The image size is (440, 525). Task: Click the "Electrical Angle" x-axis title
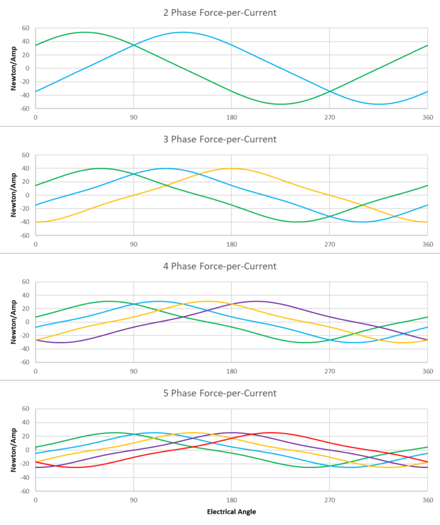tap(231, 512)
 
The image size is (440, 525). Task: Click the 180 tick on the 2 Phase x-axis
tap(232, 117)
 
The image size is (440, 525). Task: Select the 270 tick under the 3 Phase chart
tap(329, 245)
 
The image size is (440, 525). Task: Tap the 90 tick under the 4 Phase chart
tap(133, 371)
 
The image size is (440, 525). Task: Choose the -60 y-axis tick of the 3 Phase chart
tap(24, 235)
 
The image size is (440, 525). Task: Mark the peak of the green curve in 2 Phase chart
tap(85, 32)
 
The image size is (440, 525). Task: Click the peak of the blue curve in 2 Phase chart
tap(182, 32)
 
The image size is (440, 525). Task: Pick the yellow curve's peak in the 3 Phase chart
tap(231, 168)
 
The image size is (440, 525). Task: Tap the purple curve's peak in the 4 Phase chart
tap(256, 301)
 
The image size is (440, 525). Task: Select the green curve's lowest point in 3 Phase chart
tap(297, 222)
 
